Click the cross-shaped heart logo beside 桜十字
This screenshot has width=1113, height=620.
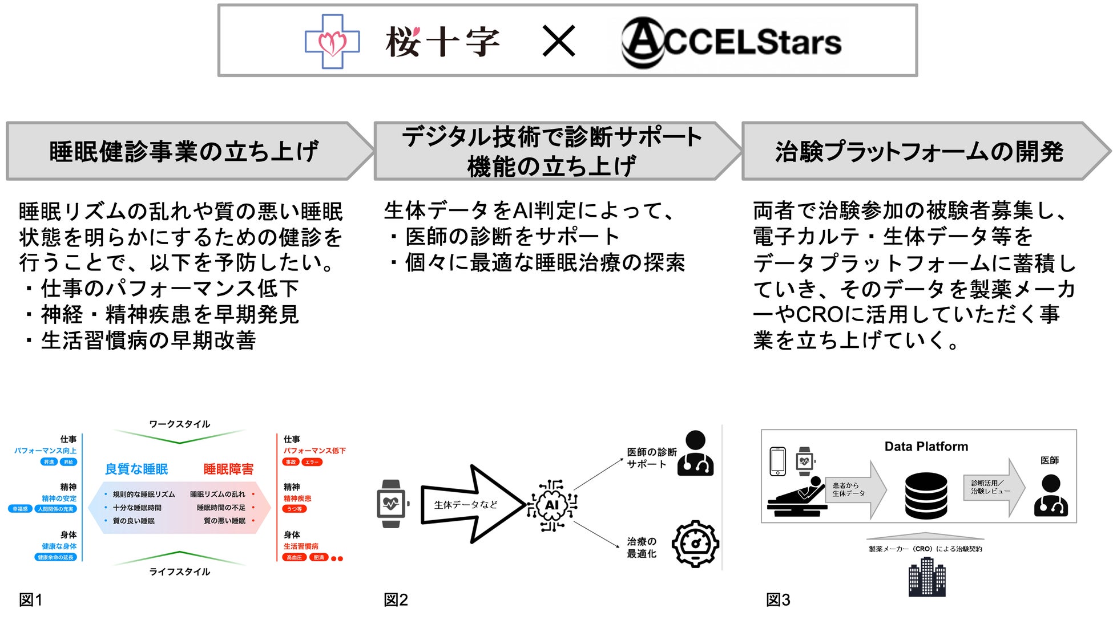[332, 42]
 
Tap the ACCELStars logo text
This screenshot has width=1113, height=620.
[731, 42]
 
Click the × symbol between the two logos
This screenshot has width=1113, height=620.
[559, 42]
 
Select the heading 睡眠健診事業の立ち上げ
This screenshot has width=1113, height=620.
[184, 152]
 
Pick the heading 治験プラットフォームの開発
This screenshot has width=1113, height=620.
[919, 152]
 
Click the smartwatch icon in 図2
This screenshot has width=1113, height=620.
[392, 504]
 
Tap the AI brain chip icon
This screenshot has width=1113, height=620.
[552, 505]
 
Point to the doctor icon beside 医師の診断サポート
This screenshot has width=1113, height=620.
[695, 454]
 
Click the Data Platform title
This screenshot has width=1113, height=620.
[926, 447]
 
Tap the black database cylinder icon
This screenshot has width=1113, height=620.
[926, 495]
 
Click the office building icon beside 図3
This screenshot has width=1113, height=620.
[926, 577]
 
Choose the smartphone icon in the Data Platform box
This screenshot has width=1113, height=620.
[777, 461]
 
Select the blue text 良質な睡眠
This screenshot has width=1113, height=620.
[136, 469]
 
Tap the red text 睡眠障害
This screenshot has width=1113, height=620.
[228, 469]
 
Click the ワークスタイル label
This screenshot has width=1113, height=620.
[179, 424]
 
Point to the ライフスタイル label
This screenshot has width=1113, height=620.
[179, 572]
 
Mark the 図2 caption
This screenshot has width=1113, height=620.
[396, 599]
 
